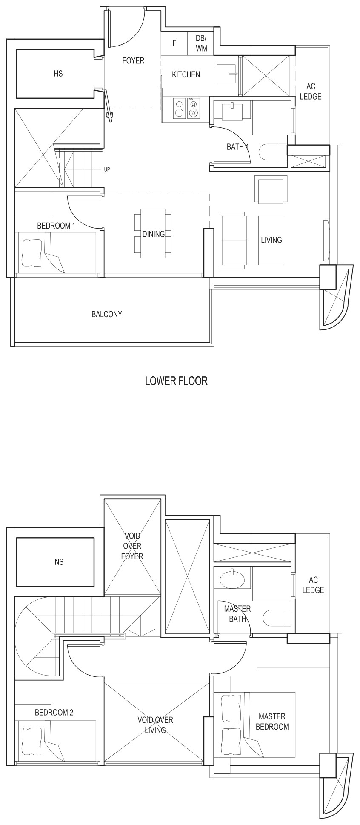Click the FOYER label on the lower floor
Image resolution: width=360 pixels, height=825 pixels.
tap(133, 61)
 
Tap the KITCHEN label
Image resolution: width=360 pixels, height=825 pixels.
tap(186, 74)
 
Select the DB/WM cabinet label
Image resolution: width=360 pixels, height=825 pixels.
tap(201, 43)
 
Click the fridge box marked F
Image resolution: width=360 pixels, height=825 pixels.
tap(174, 43)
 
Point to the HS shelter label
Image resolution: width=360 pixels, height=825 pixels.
tap(58, 74)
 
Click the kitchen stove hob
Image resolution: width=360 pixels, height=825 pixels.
tap(187, 108)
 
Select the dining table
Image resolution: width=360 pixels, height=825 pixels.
tap(153, 233)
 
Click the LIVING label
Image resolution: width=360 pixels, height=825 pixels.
tap(271, 240)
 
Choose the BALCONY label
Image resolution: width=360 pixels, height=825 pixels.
tap(106, 315)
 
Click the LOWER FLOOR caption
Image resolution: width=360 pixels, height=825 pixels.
tap(176, 381)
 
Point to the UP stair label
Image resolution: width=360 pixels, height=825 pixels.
tap(107, 169)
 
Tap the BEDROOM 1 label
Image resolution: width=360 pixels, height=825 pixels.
tap(56, 226)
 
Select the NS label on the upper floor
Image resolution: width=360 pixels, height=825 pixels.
tap(59, 562)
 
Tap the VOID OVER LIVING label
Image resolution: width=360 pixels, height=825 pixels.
tap(155, 725)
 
